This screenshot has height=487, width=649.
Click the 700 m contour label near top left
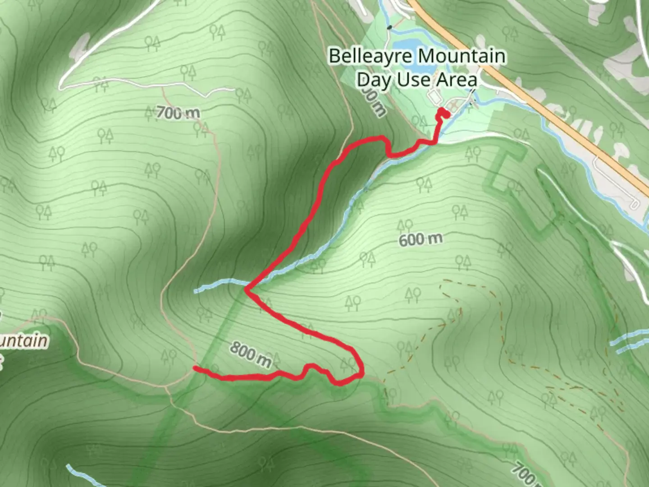178,112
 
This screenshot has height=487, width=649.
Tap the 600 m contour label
420,239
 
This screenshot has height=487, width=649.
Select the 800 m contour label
251,354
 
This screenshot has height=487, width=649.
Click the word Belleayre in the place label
370,56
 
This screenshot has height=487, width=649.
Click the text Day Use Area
417,80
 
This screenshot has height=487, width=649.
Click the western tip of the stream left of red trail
197,291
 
